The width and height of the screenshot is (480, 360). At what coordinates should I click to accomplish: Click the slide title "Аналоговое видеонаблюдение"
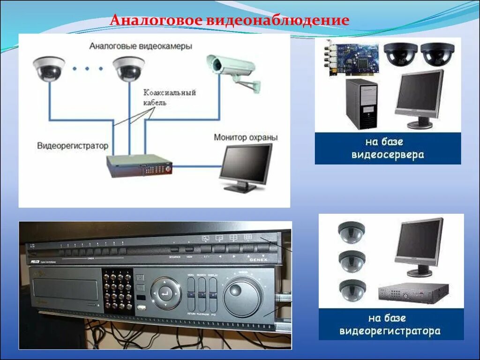click(x=229, y=21)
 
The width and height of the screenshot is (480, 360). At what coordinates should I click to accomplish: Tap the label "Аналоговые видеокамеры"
click(x=141, y=46)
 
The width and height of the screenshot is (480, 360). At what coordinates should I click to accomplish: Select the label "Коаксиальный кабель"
click(x=169, y=97)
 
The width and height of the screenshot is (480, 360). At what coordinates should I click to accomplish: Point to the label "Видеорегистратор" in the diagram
click(x=73, y=145)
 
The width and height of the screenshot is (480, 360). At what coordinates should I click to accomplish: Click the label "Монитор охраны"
click(x=246, y=137)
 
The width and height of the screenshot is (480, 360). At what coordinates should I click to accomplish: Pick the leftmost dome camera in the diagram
click(x=49, y=68)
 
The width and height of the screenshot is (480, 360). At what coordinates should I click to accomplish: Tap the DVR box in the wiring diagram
click(x=139, y=165)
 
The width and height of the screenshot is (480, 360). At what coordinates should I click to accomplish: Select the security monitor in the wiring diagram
click(x=246, y=167)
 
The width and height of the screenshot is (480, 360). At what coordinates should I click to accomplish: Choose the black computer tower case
click(x=361, y=104)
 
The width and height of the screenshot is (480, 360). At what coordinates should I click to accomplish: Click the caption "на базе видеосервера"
click(x=388, y=148)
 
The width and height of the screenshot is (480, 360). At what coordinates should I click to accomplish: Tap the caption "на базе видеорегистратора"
click(x=390, y=324)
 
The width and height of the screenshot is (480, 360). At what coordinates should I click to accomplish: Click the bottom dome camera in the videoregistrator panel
click(x=352, y=290)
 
